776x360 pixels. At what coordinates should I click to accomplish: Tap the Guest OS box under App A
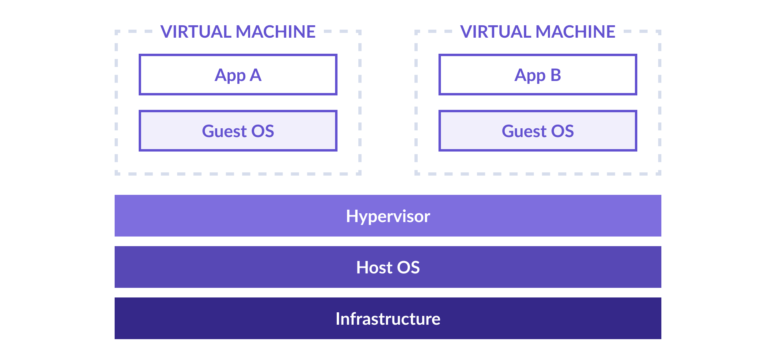pyautogui.click(x=238, y=131)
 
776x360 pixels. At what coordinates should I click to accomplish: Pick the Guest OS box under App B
pyautogui.click(x=538, y=131)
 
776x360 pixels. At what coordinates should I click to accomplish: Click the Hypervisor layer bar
pyautogui.click(x=388, y=216)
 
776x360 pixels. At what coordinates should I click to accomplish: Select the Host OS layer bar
pyautogui.click(x=388, y=267)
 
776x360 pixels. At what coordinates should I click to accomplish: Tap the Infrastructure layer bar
pyautogui.click(x=388, y=318)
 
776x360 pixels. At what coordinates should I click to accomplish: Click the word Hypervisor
pyautogui.click(x=388, y=217)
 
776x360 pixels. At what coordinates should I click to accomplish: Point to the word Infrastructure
pyautogui.click(x=388, y=319)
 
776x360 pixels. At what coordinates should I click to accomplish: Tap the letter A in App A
pyautogui.click(x=256, y=75)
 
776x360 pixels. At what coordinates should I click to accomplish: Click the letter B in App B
pyautogui.click(x=556, y=75)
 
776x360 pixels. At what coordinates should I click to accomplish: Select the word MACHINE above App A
pyautogui.click(x=276, y=32)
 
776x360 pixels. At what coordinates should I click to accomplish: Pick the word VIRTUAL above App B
pyautogui.click(x=496, y=32)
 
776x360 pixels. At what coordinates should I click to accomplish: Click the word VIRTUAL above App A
pyautogui.click(x=196, y=32)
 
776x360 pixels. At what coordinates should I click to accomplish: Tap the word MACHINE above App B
pyautogui.click(x=576, y=32)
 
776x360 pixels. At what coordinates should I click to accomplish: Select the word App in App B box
pyautogui.click(x=530, y=76)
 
